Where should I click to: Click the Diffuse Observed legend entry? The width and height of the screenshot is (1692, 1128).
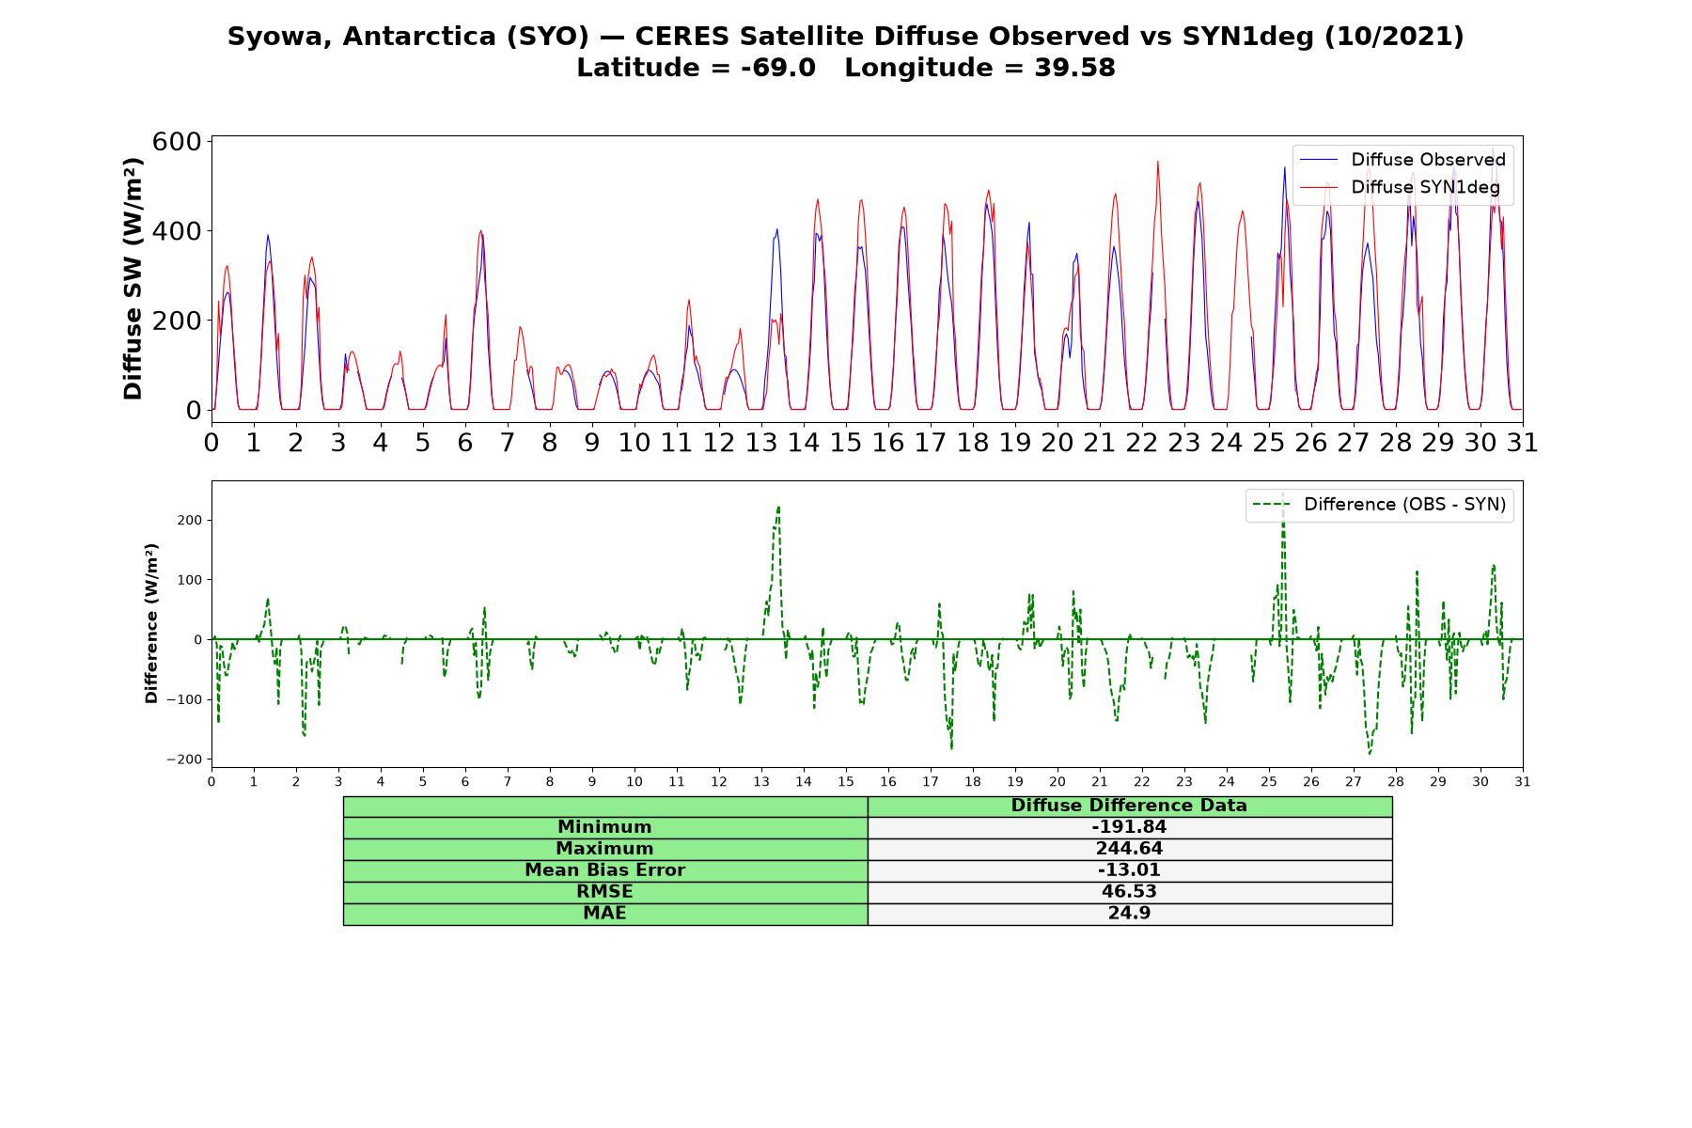tap(1402, 160)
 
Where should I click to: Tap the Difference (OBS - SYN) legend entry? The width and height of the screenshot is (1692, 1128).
tap(1379, 505)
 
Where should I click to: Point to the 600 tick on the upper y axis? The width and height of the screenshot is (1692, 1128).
tap(178, 142)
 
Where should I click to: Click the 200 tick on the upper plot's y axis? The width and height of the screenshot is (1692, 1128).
tap(178, 321)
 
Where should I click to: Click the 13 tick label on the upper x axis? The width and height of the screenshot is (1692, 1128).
tap(760, 443)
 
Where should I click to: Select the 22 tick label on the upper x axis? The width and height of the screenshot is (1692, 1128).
tap(1141, 443)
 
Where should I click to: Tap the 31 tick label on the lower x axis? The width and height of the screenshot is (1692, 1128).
tap(1522, 781)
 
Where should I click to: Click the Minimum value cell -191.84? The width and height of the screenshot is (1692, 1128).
tap(1129, 827)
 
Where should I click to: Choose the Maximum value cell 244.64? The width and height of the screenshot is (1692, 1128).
tap(1129, 849)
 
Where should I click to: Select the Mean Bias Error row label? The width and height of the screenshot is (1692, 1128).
tap(605, 870)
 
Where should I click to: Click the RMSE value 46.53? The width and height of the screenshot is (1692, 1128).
tap(1129, 892)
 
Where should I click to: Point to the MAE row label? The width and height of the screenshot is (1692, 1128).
tap(605, 914)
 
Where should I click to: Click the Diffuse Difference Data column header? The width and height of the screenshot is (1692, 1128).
tap(1129, 806)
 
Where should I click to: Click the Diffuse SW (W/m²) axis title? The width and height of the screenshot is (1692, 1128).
tap(133, 279)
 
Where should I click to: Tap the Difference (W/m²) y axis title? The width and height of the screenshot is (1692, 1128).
tap(151, 624)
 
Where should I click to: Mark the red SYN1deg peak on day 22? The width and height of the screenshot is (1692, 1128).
tap(1157, 162)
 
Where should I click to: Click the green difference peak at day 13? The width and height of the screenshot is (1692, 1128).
tap(778, 508)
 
